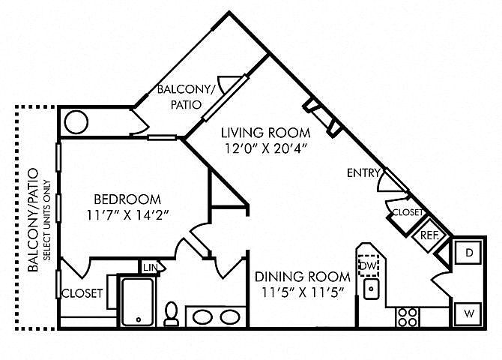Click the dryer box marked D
[469, 253]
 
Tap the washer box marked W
[469, 313]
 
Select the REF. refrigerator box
[429, 235]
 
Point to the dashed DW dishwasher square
[369, 265]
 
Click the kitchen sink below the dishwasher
[372, 289]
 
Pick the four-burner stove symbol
[408, 317]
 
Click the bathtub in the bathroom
[138, 301]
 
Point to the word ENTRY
[363, 173]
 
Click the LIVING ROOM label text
[266, 133]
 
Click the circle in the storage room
[76, 121]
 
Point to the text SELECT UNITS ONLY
[47, 220]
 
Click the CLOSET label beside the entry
[408, 212]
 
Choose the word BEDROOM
[127, 199]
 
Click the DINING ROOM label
[303, 276]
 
